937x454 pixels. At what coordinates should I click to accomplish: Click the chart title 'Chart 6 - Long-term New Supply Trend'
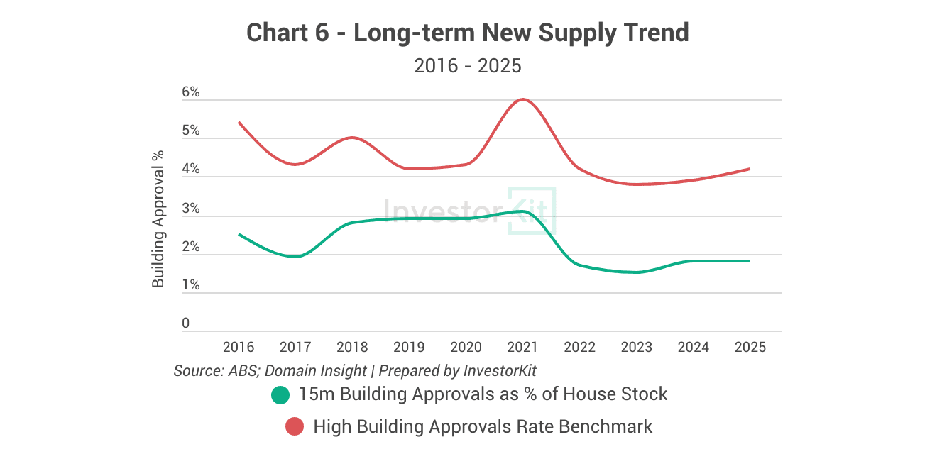tap(468, 33)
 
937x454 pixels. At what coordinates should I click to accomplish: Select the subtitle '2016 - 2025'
tap(468, 66)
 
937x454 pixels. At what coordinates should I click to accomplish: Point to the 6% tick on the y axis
tap(191, 93)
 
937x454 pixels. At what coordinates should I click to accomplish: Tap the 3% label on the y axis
tap(191, 209)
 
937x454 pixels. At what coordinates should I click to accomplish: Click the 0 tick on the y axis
tap(186, 323)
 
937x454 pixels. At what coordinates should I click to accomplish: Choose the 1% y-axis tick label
tap(191, 285)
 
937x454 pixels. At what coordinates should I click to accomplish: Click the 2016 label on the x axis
tap(239, 347)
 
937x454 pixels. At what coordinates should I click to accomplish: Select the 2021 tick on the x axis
tap(522, 347)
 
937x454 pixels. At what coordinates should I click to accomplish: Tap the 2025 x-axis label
tap(750, 347)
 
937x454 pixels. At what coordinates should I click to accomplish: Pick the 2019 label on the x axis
tap(409, 347)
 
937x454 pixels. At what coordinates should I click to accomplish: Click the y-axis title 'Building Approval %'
tap(158, 218)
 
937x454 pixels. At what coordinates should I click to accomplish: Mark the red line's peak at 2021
tap(523, 99)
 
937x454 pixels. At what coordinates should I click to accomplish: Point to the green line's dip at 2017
tap(295, 256)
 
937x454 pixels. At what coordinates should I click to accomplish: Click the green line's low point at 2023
tap(637, 272)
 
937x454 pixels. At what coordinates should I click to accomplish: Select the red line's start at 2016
tap(239, 123)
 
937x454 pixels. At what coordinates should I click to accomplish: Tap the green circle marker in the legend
tap(281, 394)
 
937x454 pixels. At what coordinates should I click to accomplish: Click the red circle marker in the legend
tap(295, 427)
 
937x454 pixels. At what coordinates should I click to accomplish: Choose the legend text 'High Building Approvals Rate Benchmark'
tap(483, 427)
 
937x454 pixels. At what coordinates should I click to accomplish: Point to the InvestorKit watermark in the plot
tap(468, 211)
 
